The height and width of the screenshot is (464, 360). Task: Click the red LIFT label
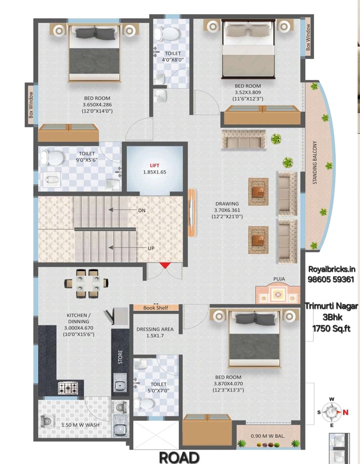(154, 165)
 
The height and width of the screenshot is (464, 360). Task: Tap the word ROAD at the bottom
(179, 457)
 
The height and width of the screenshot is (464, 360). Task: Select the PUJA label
(279, 279)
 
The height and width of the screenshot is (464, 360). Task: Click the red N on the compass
(345, 412)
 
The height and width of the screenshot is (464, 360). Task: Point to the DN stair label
(142, 211)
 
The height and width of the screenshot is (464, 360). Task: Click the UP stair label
(151, 248)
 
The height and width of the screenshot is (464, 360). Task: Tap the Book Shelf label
(156, 308)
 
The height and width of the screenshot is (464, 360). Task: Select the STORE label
(120, 357)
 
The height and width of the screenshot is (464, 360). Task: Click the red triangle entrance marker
(165, 265)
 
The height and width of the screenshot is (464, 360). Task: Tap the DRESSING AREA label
(155, 329)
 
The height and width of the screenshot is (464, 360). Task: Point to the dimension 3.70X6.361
(227, 210)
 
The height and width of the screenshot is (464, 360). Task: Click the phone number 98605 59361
(331, 279)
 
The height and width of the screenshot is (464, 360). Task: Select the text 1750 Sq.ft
(332, 328)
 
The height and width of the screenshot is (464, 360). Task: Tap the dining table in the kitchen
(87, 284)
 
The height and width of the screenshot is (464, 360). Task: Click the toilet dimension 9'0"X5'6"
(87, 160)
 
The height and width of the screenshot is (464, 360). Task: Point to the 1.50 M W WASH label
(80, 425)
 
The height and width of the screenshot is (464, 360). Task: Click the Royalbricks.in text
(332, 269)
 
